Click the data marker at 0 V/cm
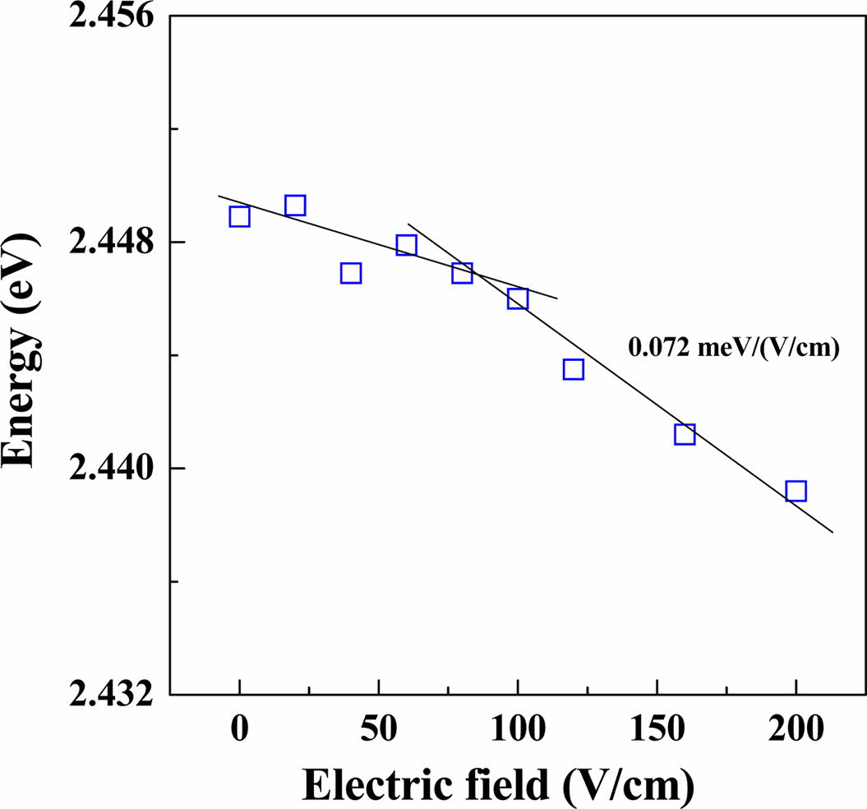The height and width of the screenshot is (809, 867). coord(239,216)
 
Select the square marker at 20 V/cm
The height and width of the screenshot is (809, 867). coord(295,205)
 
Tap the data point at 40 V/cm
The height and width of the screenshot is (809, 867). coord(351,273)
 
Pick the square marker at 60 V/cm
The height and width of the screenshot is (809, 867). coord(406,245)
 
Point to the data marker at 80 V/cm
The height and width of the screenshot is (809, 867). coord(462,273)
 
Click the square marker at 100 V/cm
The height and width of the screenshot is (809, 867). coord(518,298)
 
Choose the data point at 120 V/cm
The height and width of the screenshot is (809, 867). coord(574,369)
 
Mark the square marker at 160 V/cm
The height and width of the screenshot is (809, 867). coord(685,434)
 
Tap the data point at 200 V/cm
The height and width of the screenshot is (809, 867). coord(796,491)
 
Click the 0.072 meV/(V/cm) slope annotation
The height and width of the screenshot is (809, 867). coord(733,349)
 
